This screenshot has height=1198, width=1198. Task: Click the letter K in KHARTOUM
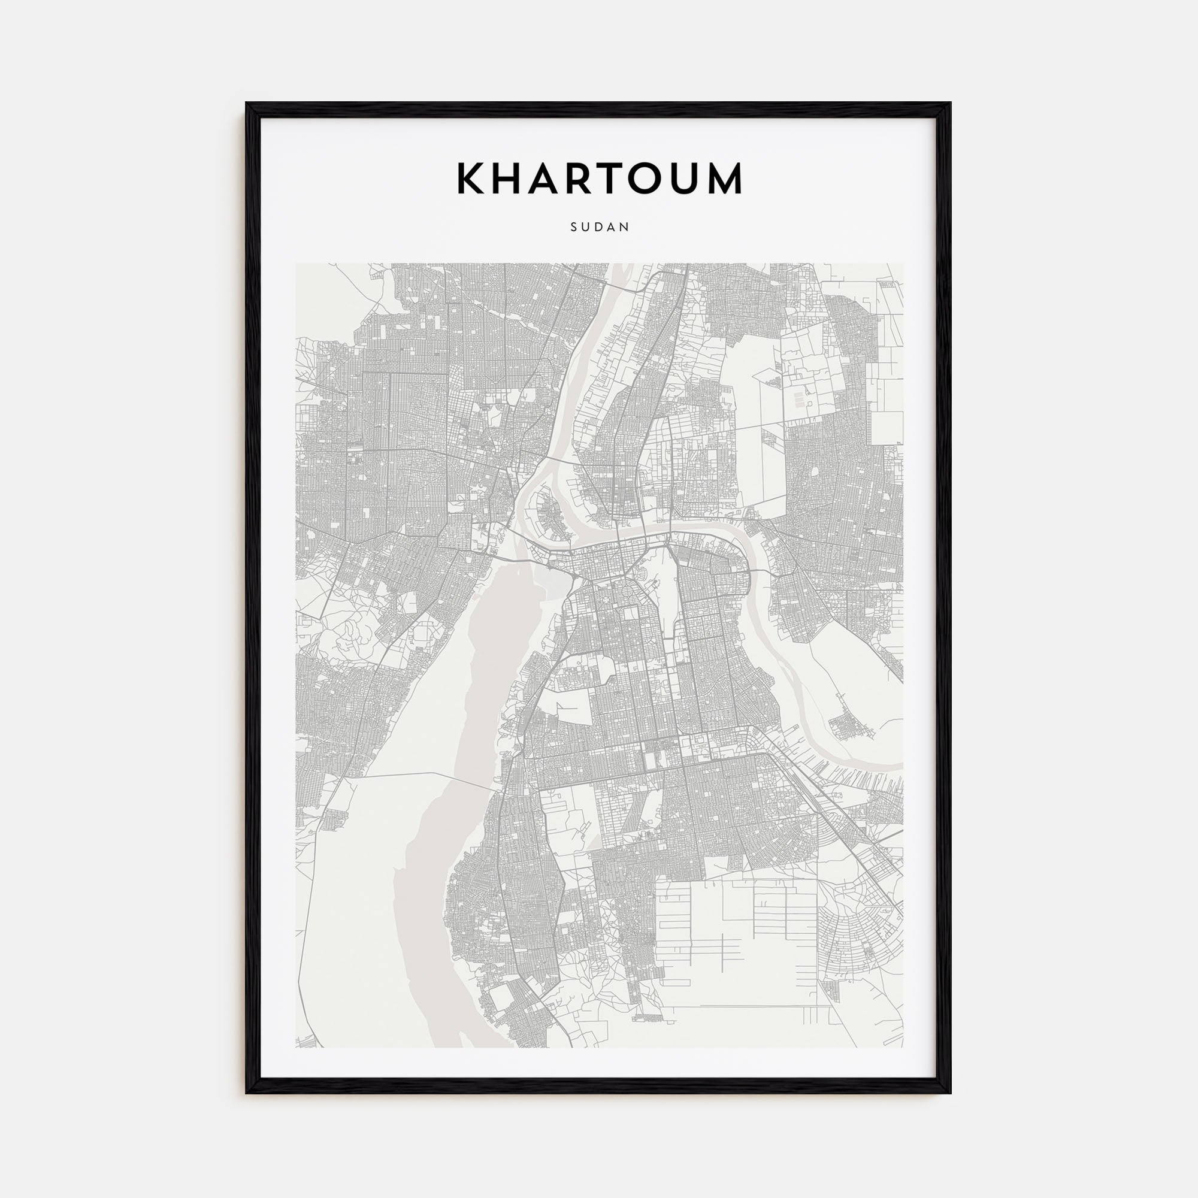(x=471, y=179)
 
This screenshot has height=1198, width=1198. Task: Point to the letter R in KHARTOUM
(x=586, y=179)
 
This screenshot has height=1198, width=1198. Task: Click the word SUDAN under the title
(x=600, y=227)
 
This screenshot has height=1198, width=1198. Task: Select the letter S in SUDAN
(x=574, y=227)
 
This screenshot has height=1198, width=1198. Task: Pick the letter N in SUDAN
(x=626, y=227)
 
